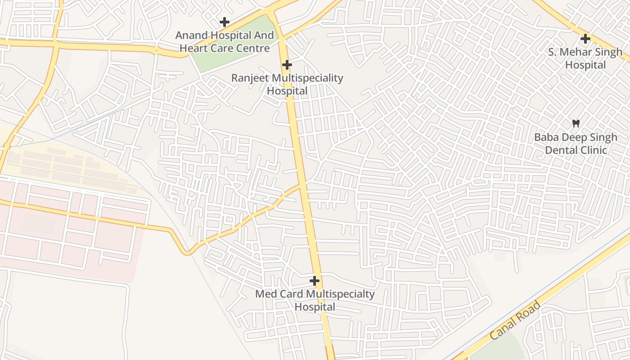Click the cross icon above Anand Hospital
point(224,22)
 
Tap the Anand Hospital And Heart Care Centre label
point(224,42)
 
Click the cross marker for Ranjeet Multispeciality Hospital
point(287,65)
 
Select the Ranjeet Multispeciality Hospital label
point(287,85)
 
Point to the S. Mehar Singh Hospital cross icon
point(585,38)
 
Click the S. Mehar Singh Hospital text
point(585,58)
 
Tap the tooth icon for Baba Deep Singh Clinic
point(576,123)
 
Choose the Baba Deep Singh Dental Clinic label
point(576,144)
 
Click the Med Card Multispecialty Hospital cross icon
point(315,281)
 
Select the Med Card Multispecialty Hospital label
point(315,301)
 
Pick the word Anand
point(191,36)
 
